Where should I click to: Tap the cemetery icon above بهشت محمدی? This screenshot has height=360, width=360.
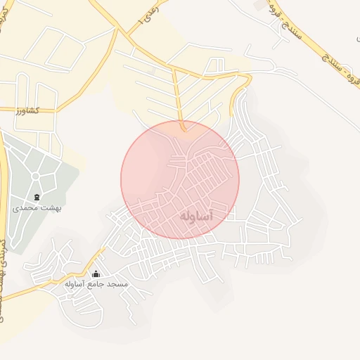[x=37, y=196]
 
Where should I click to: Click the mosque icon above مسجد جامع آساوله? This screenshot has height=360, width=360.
[x=96, y=274]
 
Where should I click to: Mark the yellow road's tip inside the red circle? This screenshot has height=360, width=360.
[x=185, y=127]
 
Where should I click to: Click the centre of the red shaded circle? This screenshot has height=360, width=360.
[x=180, y=180]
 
